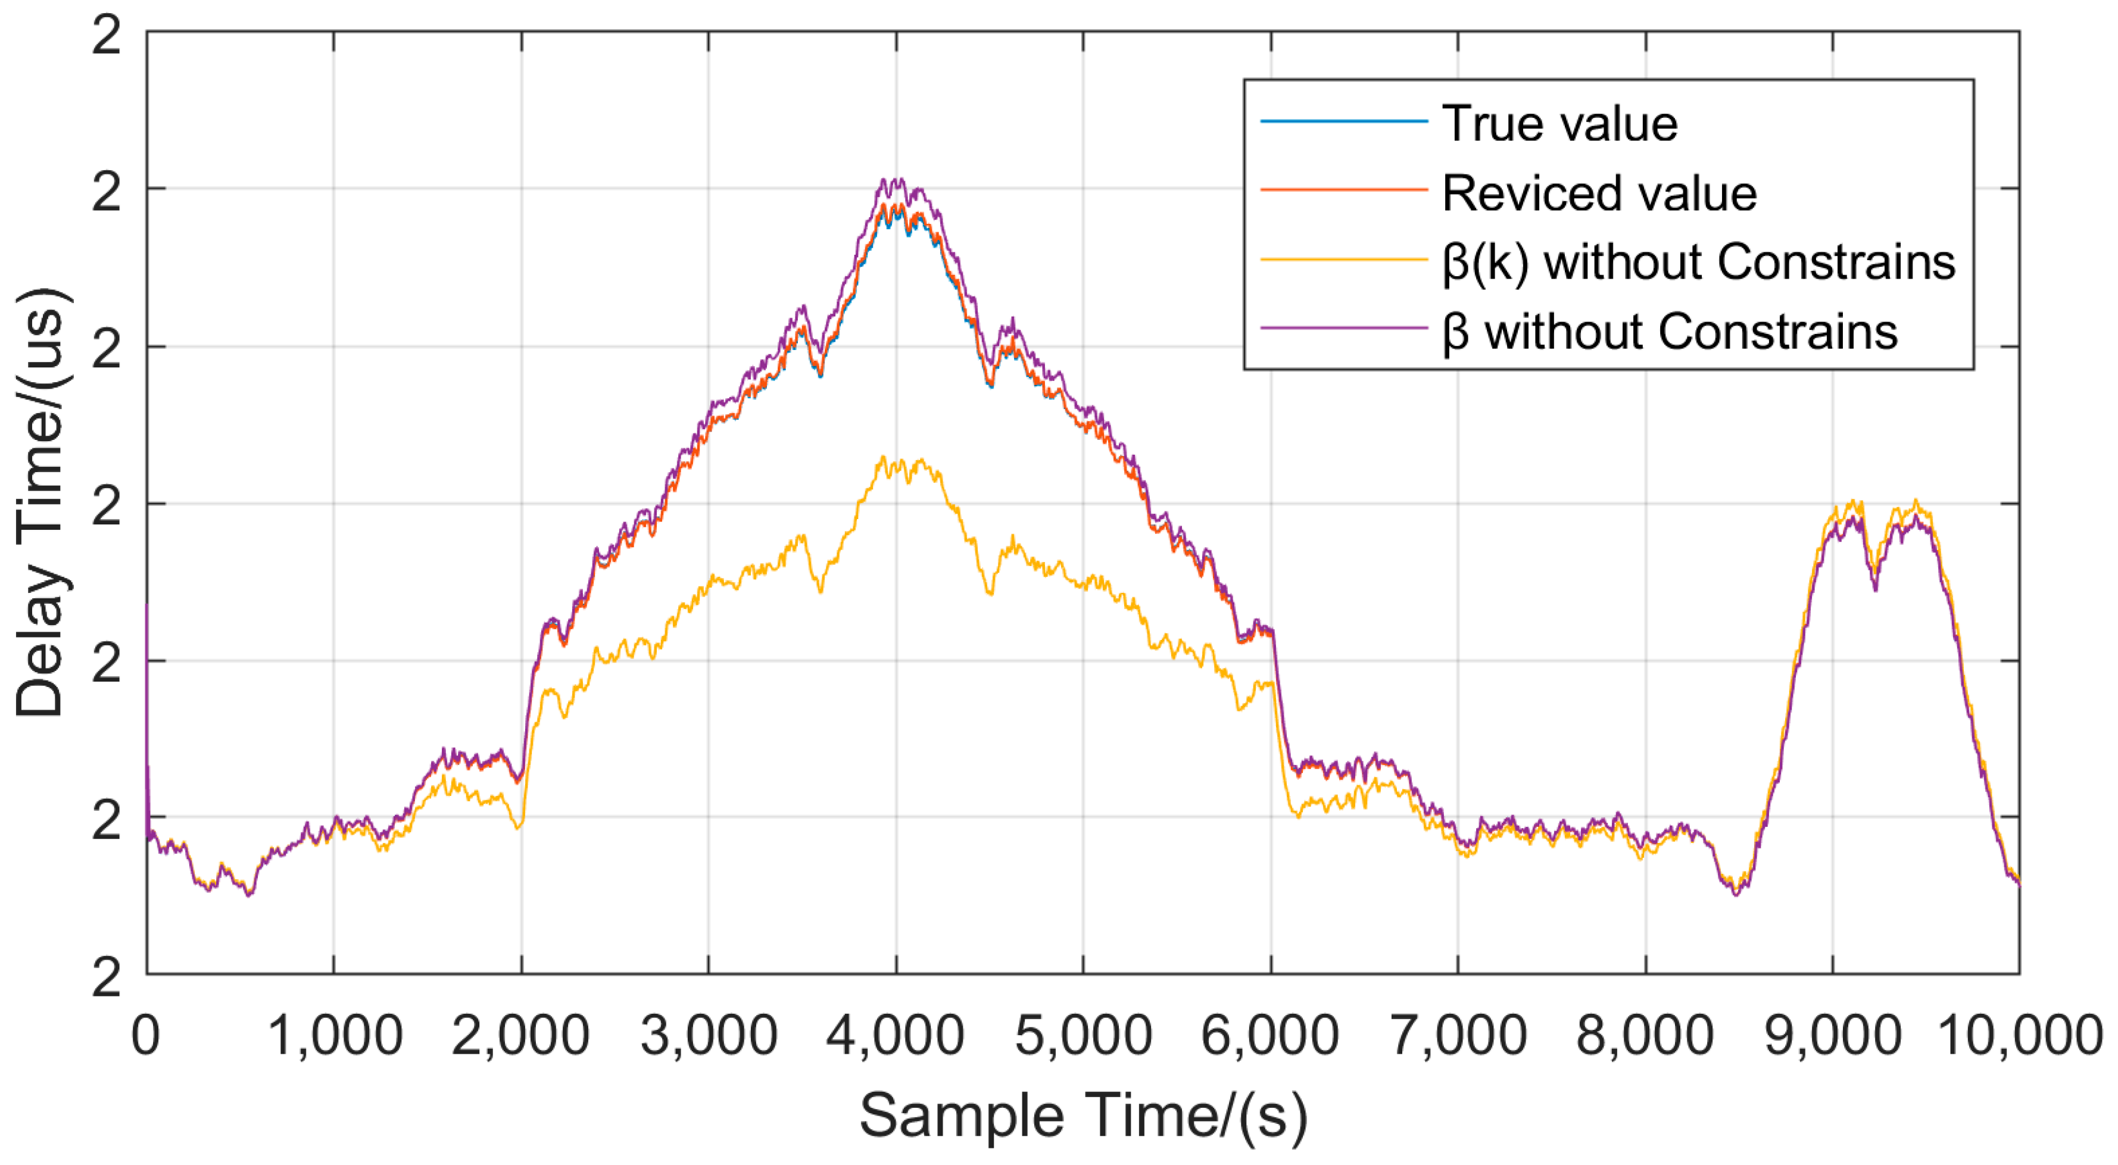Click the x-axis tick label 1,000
(335, 1036)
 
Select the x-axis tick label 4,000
(896, 1036)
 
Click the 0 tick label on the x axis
(145, 1036)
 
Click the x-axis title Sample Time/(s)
(1083, 1116)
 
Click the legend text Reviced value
(1599, 193)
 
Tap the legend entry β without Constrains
(1670, 332)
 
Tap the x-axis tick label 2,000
(520, 1036)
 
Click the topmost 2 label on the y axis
(106, 36)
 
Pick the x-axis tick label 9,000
(1833, 1036)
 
